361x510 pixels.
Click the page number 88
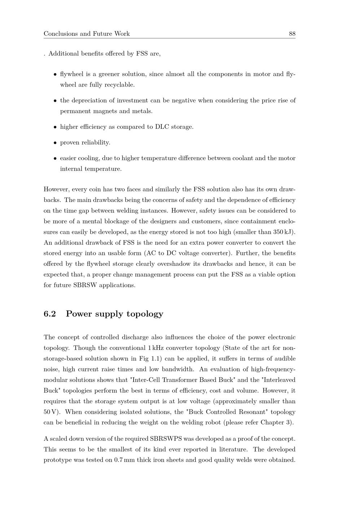[x=292, y=34]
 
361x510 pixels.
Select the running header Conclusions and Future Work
[x=87, y=34]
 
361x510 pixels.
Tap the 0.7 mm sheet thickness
[x=125, y=460]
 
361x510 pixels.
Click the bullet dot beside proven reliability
[x=55, y=143]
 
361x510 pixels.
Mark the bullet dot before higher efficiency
[x=55, y=127]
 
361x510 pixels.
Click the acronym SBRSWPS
[x=166, y=439]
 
